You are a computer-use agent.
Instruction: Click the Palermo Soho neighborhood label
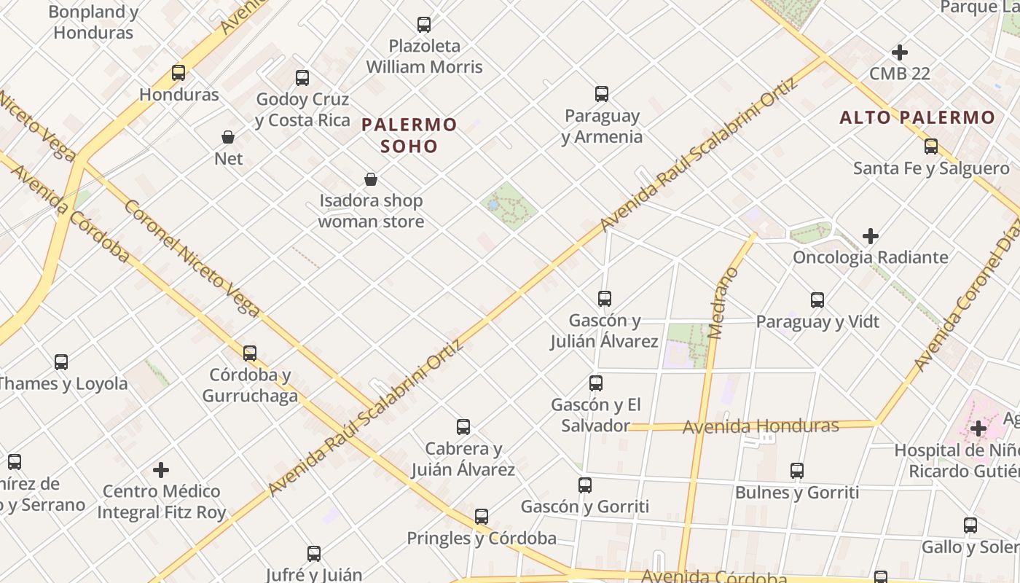click(x=409, y=136)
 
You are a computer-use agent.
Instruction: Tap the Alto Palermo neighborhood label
click(x=917, y=117)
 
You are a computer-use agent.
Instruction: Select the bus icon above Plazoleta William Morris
click(x=424, y=25)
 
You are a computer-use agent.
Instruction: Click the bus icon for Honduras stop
click(x=178, y=73)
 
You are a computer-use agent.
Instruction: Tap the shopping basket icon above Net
click(x=228, y=137)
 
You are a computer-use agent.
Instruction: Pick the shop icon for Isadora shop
click(x=371, y=179)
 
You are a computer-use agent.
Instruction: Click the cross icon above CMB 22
click(x=900, y=52)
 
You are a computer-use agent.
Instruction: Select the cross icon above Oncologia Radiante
click(x=870, y=236)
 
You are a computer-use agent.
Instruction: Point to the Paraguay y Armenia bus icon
click(x=602, y=94)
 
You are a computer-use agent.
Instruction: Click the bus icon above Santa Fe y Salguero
click(x=931, y=146)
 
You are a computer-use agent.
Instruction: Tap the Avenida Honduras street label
click(x=761, y=426)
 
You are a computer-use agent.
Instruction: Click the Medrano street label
click(x=723, y=303)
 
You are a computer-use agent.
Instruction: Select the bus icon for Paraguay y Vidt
click(x=817, y=300)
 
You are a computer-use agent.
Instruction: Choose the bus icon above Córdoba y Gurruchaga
click(x=250, y=353)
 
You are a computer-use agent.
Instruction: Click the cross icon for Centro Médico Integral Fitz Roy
click(x=161, y=470)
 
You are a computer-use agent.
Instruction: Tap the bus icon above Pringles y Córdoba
click(x=482, y=517)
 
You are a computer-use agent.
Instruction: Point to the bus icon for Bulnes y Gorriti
click(x=797, y=471)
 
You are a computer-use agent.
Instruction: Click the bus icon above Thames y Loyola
click(x=61, y=362)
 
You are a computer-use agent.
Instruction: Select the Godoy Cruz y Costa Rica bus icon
click(x=302, y=78)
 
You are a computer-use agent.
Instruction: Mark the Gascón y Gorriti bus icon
click(x=585, y=485)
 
